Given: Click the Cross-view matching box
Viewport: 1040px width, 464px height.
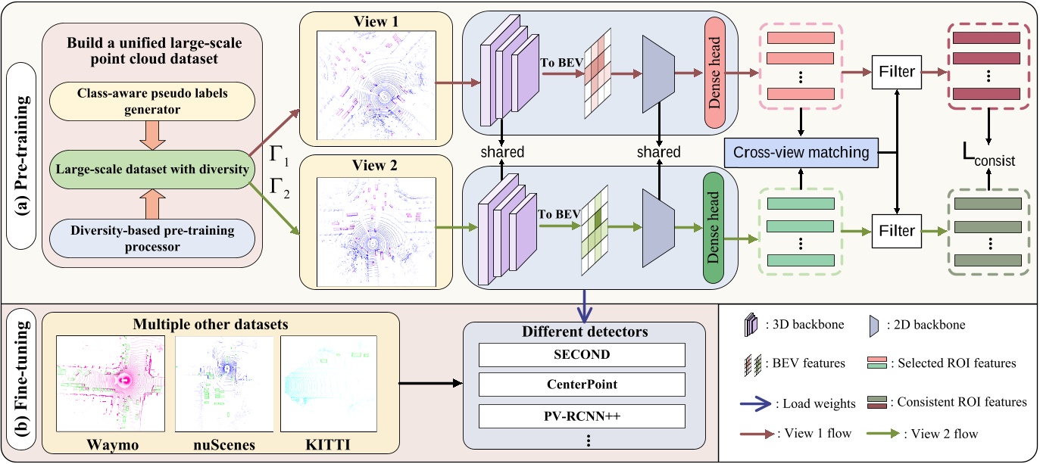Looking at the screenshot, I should click(x=801, y=152).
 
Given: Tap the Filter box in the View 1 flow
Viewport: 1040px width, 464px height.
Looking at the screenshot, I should click(x=897, y=72).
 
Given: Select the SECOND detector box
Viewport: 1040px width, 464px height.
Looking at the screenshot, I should click(x=580, y=355).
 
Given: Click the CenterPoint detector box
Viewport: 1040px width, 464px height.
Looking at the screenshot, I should click(x=580, y=385).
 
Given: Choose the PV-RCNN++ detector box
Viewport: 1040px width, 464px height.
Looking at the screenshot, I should click(x=580, y=415).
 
